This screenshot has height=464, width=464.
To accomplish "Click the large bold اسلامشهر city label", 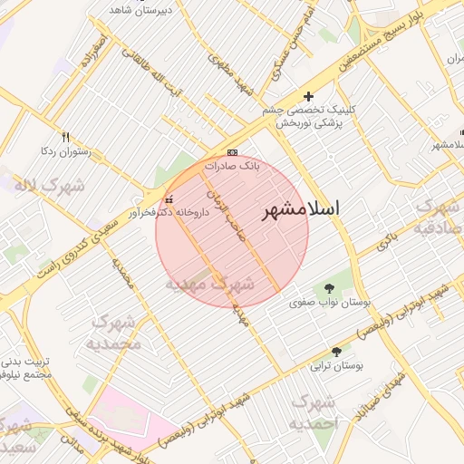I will (302, 210).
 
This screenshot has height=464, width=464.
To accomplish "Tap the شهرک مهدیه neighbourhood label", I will (209, 285).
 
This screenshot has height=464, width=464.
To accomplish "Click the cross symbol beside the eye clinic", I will (308, 95).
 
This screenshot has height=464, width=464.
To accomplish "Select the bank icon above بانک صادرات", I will (233, 152).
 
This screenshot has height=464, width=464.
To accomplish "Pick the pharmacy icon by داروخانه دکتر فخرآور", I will (169, 199).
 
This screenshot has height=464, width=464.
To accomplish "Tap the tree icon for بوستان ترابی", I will (337, 352).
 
